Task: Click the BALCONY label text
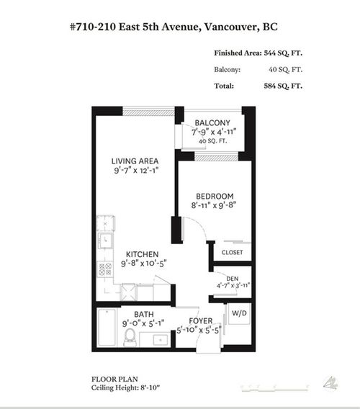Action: tap(211, 122)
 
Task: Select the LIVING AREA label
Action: tap(135, 161)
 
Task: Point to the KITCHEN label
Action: tap(143, 254)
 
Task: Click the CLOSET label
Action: tap(232, 253)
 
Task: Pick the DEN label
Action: tap(232, 278)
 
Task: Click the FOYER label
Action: tap(201, 321)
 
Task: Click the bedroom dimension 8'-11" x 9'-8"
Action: tap(215, 205)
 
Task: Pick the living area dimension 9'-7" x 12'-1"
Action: tap(135, 171)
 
